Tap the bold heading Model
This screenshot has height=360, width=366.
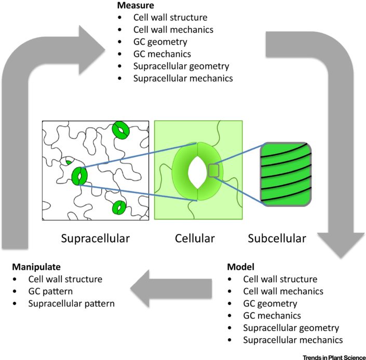click(240, 267)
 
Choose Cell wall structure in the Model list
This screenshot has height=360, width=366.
click(280, 279)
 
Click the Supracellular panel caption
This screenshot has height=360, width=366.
click(95, 239)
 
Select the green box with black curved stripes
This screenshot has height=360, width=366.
click(286, 174)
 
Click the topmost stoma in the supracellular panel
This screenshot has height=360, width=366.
click(121, 129)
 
